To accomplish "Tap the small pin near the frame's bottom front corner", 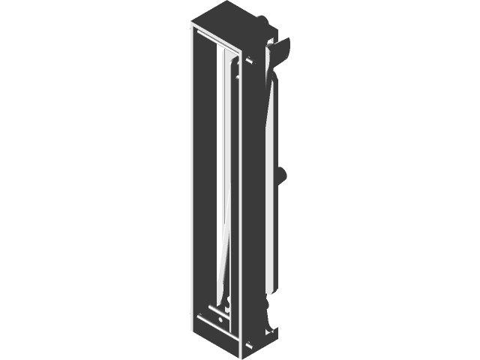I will [x=247, y=346].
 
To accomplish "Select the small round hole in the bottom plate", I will [x=220, y=319].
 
